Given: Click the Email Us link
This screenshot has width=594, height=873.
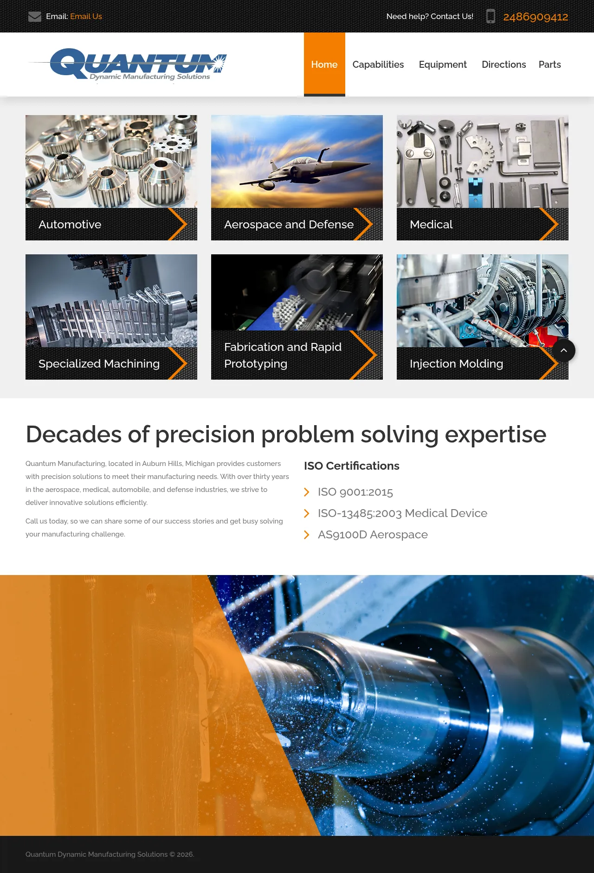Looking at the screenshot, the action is (86, 16).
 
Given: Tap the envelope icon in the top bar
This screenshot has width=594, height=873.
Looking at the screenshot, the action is (35, 17).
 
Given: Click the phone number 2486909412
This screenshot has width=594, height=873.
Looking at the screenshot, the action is (536, 17).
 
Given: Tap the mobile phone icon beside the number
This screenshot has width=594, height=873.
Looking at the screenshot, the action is (491, 16).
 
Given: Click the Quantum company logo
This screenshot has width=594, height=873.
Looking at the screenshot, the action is (128, 65).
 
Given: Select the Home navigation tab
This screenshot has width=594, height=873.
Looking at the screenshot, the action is (324, 65).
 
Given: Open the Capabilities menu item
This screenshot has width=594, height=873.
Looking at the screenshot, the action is (378, 65).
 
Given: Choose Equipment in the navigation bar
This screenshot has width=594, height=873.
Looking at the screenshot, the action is (443, 65).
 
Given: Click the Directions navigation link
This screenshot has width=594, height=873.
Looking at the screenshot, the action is (504, 65).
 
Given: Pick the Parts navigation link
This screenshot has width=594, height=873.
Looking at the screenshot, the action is (550, 65).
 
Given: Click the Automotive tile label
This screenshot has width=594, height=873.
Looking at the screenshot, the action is (70, 224).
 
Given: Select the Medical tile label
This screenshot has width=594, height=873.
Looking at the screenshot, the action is (431, 224).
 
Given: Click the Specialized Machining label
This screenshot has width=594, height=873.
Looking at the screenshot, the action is (99, 363).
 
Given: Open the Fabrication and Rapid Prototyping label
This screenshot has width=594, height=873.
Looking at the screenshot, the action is (283, 355).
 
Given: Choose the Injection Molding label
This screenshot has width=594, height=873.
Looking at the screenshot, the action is (457, 363).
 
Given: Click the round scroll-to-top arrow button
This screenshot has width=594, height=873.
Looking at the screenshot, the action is (564, 350).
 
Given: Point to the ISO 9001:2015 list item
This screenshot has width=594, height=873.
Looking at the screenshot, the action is (355, 492).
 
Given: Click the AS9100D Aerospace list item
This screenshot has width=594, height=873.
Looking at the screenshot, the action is (373, 535).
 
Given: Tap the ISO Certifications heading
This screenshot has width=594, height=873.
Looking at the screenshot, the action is (352, 466).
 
